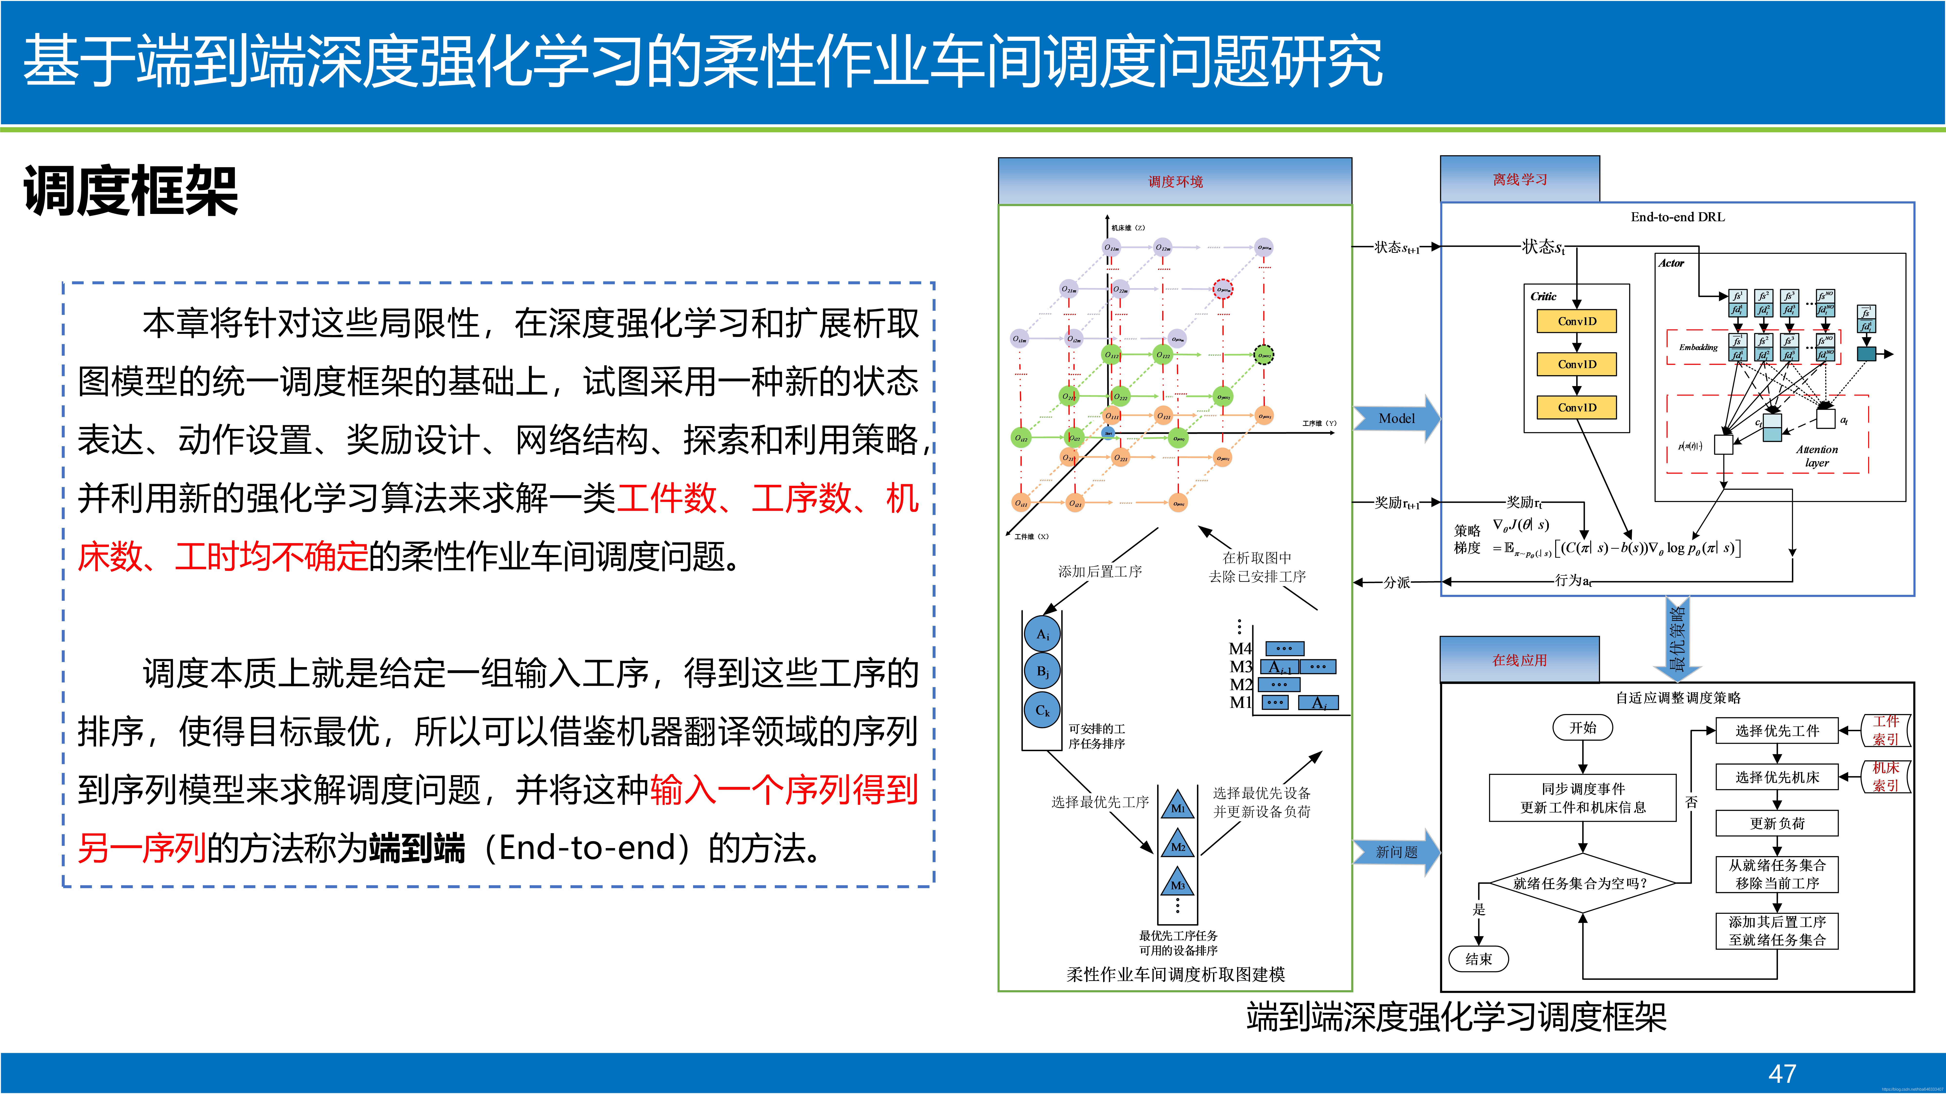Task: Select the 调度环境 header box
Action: [1175, 181]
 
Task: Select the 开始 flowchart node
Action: [1583, 728]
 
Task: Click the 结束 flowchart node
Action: [1478, 959]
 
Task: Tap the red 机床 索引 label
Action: [1885, 776]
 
